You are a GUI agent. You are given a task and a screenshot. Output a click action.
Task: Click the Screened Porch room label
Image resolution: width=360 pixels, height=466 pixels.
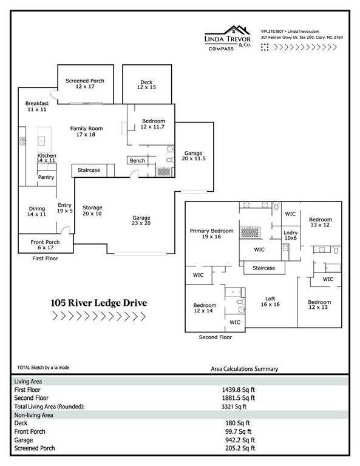point(85,84)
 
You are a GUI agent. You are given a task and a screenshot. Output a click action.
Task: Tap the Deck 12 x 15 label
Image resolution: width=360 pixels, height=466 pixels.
point(146,84)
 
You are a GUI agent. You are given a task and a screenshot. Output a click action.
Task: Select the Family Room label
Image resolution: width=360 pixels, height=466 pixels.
point(86,131)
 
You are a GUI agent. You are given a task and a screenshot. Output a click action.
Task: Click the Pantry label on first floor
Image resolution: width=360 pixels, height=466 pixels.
point(46,177)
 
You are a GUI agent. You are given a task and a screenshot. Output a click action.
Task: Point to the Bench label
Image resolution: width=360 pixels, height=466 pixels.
point(137,160)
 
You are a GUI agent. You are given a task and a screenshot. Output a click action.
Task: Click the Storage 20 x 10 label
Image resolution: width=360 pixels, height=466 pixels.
point(92,211)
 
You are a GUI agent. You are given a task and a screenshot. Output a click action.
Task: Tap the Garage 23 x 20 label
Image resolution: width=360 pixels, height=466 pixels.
point(141,220)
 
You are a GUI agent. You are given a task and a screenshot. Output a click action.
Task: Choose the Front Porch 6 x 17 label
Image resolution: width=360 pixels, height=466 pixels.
point(45,245)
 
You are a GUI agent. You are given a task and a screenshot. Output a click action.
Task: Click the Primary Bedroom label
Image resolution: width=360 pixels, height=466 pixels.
point(211,234)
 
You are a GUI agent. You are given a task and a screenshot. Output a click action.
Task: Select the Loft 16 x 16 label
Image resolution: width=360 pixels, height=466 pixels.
point(270,302)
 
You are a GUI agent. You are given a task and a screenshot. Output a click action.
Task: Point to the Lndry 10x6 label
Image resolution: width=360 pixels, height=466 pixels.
point(290,235)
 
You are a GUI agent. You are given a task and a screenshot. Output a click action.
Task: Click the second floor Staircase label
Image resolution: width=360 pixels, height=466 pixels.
point(263,268)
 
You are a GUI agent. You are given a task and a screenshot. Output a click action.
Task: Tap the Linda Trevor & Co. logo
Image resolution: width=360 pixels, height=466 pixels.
point(228,38)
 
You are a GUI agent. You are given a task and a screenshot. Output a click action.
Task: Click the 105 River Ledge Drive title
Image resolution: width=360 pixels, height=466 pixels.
point(99,303)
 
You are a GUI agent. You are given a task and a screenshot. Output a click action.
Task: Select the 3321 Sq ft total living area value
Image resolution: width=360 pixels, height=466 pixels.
point(234,407)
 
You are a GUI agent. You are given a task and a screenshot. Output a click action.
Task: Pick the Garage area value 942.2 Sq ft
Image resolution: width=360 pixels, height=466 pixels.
point(240,440)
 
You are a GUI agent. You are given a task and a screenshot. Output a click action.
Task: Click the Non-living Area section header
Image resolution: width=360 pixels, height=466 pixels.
point(33,415)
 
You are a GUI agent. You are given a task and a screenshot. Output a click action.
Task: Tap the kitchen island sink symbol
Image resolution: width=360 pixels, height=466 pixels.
point(42,141)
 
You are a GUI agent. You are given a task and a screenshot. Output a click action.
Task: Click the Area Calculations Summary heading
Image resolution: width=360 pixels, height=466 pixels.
point(245,369)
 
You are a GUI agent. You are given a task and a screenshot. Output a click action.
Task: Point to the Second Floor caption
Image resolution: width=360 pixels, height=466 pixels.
point(216,337)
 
